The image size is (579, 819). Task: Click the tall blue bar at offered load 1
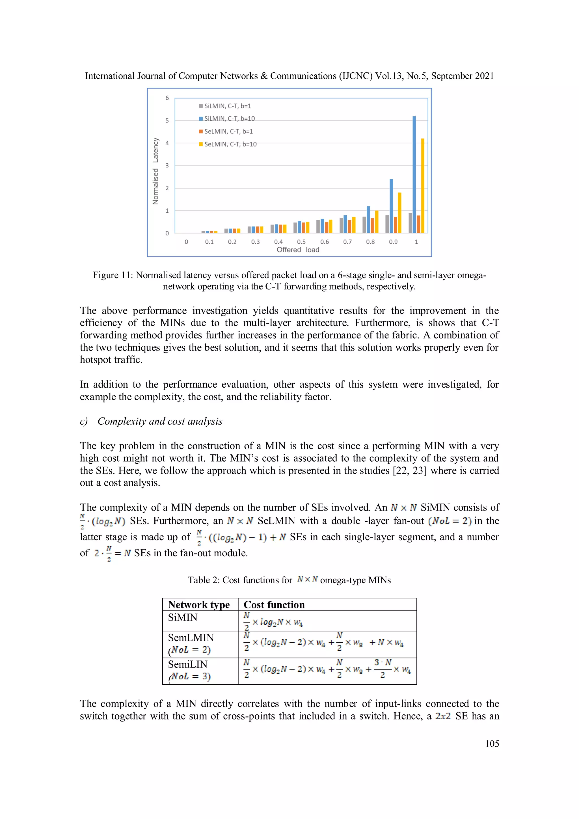point(414,175)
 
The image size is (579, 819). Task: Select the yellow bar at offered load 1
point(423,185)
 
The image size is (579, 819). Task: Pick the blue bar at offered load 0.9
point(391,206)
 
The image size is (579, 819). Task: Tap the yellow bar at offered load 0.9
point(399,213)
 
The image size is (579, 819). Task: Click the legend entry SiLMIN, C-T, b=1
point(225,106)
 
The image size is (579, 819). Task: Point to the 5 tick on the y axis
point(167,120)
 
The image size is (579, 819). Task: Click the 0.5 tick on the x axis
point(301,242)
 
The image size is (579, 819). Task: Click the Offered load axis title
point(298,250)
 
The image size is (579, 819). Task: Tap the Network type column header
point(199,605)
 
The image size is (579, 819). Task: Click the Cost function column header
point(274,605)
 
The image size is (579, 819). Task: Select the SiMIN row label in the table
point(183,617)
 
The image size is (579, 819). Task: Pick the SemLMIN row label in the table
point(191,638)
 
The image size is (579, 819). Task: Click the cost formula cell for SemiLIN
point(327,671)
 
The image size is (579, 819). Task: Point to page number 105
point(492,744)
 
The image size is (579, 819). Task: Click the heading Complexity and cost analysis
point(160,421)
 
